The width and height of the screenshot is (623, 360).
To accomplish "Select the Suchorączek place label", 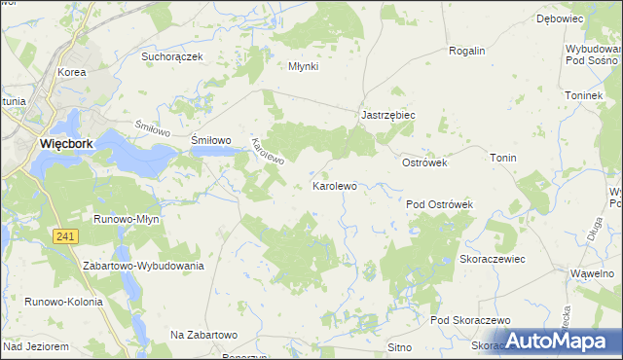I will (x=171, y=56).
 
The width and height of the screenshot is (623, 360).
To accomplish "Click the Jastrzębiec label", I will (x=388, y=114).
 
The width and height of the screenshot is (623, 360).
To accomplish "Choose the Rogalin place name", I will (x=466, y=51).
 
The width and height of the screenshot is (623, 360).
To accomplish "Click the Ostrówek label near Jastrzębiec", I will (x=424, y=162).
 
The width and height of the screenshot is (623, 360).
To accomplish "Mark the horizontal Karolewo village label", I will (x=334, y=185).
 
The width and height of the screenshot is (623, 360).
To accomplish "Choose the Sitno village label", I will (x=399, y=346).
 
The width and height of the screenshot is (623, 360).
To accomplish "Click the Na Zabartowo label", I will (x=204, y=335).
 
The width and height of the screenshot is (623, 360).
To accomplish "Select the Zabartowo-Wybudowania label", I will (x=143, y=266).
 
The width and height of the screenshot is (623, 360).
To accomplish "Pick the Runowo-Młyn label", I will (x=126, y=219).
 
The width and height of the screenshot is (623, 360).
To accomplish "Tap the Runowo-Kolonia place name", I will (x=65, y=302).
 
